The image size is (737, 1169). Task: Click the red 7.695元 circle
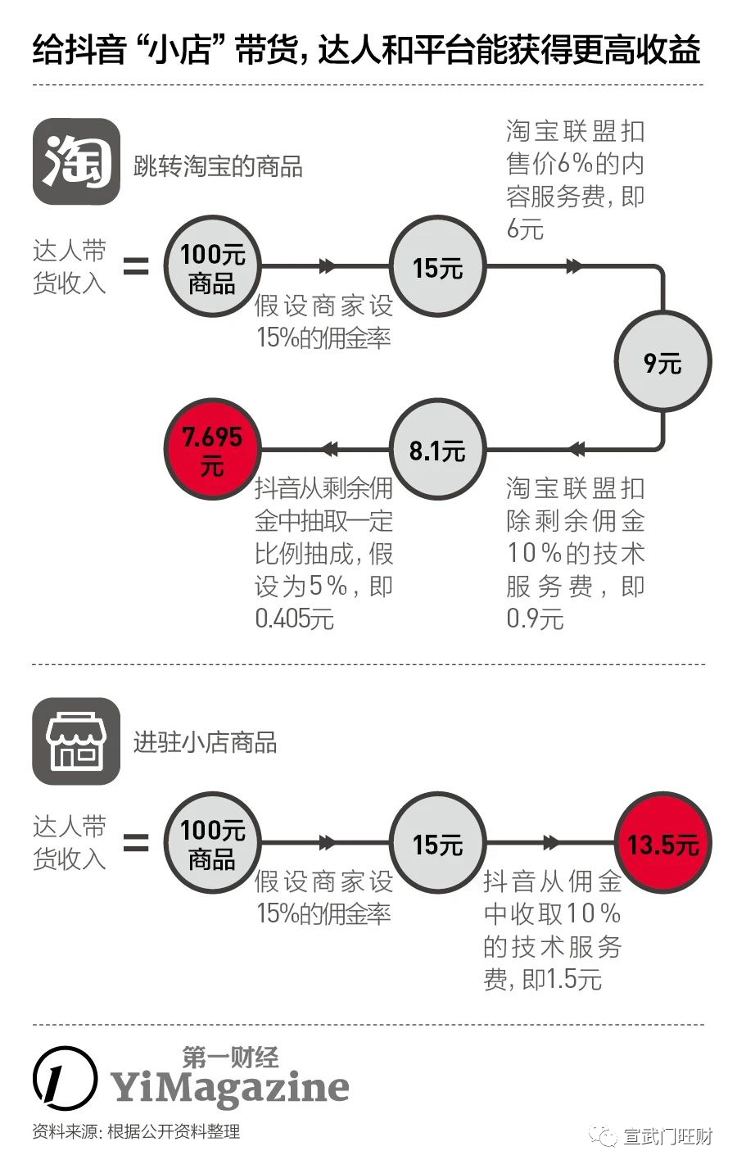click(212, 449)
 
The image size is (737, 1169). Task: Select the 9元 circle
click(663, 361)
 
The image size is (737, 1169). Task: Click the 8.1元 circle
click(437, 449)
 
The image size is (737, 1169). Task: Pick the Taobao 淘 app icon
click(76, 161)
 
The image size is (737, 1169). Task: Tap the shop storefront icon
click(76, 741)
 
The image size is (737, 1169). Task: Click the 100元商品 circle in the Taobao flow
click(212, 266)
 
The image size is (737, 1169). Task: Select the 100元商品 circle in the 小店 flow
click(212, 842)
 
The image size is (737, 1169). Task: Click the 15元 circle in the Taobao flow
click(437, 266)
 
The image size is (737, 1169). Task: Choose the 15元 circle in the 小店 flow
click(437, 842)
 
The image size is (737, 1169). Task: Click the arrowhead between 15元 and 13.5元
click(551, 842)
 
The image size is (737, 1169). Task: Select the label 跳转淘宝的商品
click(218, 167)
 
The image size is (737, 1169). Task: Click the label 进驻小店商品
click(205, 742)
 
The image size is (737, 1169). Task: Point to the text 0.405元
click(294, 619)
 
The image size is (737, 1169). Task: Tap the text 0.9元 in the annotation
click(536, 619)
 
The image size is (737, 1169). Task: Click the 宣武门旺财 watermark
click(651, 1135)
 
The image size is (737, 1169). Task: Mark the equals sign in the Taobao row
click(136, 266)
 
